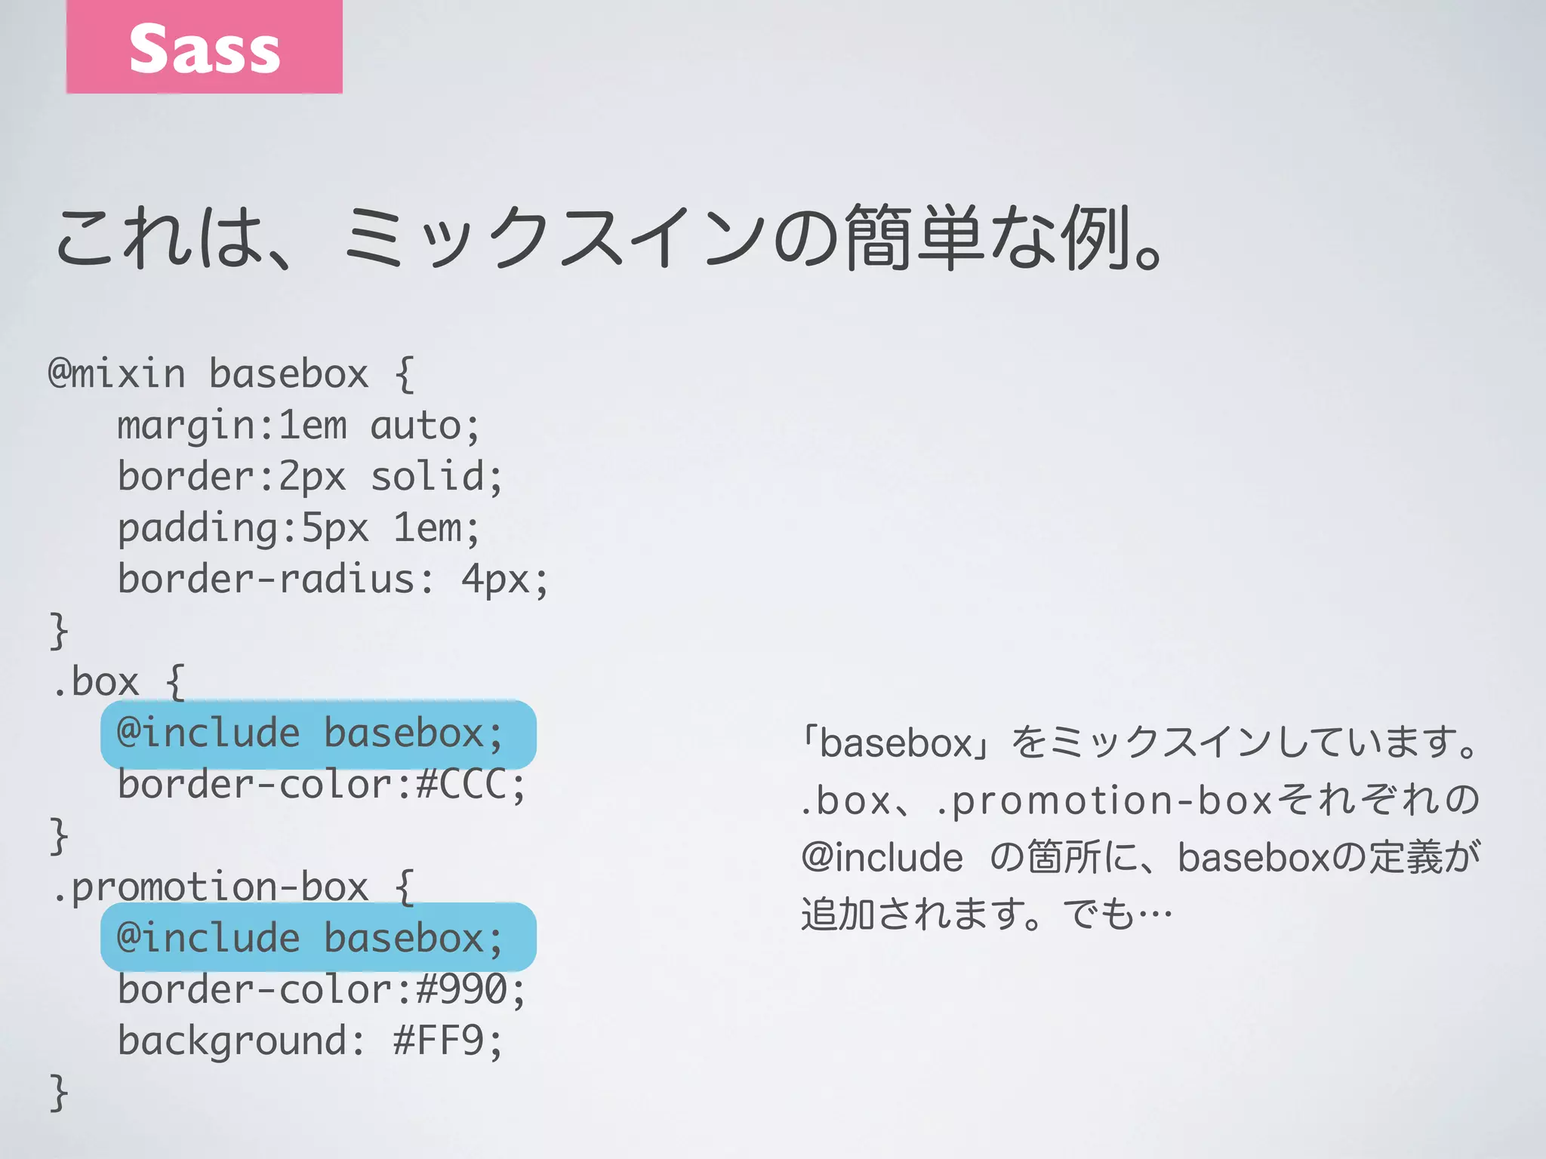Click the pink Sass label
(x=204, y=47)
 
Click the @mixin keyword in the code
(x=117, y=374)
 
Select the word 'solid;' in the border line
(x=436, y=478)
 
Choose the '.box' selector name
(x=97, y=683)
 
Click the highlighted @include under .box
(x=208, y=733)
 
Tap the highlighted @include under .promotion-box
(x=208, y=939)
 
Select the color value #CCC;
(x=471, y=785)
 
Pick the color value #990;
(x=471, y=990)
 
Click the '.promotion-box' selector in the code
(x=211, y=887)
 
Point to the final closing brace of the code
(x=59, y=1093)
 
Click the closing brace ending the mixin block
(x=59, y=631)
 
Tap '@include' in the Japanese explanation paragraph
(x=882, y=858)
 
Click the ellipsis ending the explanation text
(x=1155, y=915)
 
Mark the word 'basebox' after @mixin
(x=288, y=374)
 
